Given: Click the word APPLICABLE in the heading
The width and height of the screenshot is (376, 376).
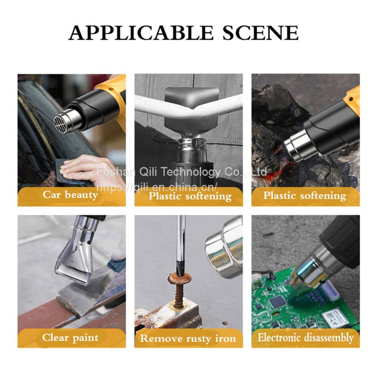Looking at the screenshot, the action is (x=141, y=33).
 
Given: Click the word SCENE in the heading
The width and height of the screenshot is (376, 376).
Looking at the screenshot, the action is (x=260, y=33).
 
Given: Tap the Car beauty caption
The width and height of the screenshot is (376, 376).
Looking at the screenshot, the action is (x=70, y=195).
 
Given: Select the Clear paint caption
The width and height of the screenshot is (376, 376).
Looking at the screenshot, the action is (x=70, y=338).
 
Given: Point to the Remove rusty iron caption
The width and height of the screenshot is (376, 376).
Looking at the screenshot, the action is (x=188, y=338).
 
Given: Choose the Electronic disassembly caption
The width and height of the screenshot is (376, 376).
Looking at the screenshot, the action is (x=306, y=338).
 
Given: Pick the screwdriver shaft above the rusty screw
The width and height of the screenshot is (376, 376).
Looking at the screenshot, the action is (x=180, y=245).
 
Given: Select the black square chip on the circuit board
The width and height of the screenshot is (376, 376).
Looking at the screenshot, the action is (x=278, y=302).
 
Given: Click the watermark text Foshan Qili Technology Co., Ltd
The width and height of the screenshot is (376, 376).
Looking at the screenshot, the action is (x=182, y=172).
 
